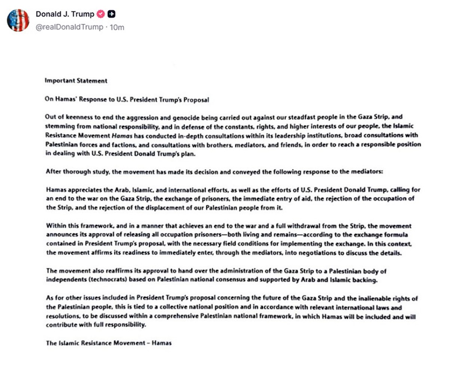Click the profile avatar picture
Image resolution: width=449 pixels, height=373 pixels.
[18, 20]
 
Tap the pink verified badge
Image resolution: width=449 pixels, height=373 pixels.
[101, 14]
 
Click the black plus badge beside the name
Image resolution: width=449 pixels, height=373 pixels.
[112, 14]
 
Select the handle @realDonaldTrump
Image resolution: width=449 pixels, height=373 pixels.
[69, 27]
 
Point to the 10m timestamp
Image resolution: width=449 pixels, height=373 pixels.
[117, 27]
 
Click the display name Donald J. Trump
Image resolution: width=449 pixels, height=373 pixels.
[64, 14]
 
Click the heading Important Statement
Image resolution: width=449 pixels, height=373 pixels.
[76, 80]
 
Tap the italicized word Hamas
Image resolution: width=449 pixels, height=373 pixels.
[123, 135]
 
